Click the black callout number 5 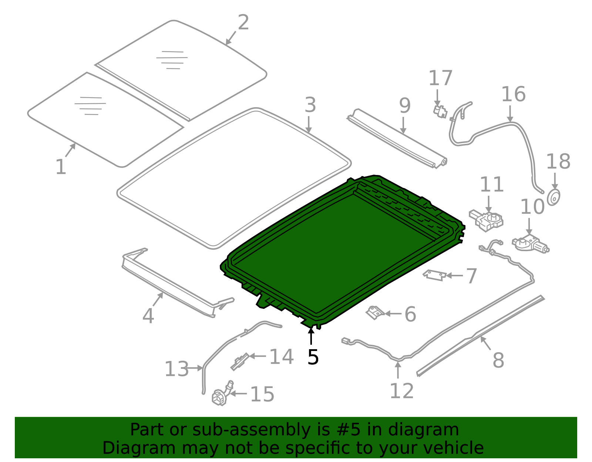coord(313,357)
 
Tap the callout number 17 coord(440,78)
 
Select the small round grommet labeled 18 coord(554,197)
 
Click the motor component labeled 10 coord(529,244)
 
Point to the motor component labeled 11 coord(487,220)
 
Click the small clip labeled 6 coord(375,313)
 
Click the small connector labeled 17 coord(440,111)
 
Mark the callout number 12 coord(401,391)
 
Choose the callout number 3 coord(310,105)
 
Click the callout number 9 coord(405,106)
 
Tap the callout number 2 coord(243,23)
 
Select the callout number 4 coord(148,316)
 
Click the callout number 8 coord(498,360)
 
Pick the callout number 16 coord(513,94)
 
